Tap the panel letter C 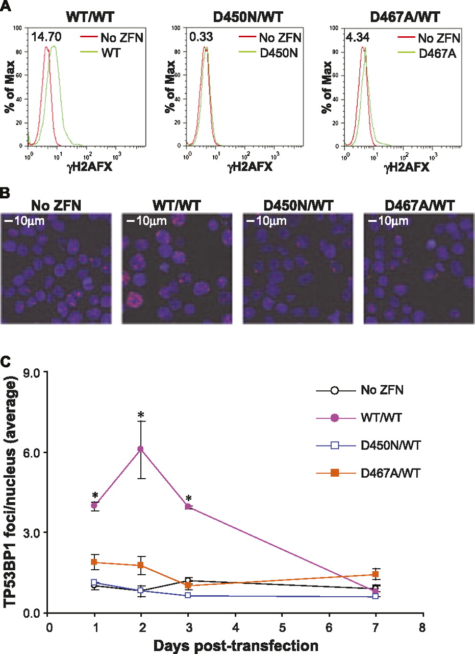[6, 362]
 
